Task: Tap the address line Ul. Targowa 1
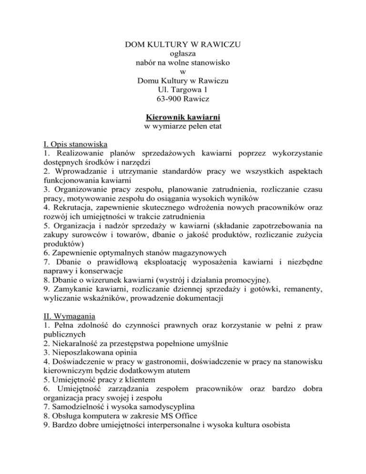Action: (183, 89)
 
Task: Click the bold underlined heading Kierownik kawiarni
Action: (183, 118)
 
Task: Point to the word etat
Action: (213, 127)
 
